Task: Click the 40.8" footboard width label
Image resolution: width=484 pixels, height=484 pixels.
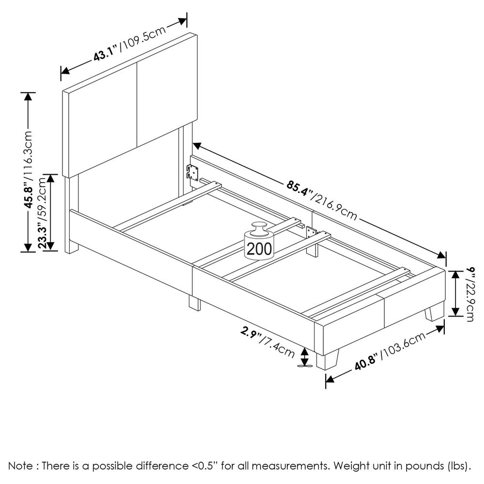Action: (x=366, y=363)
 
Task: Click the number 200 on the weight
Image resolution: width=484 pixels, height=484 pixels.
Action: (x=259, y=249)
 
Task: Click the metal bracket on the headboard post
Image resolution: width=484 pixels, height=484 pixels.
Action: (x=193, y=172)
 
